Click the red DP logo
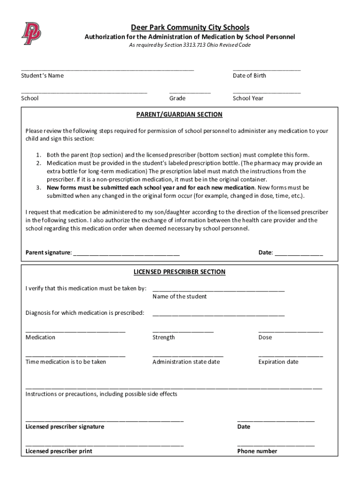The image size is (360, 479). point(31,33)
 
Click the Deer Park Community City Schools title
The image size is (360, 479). point(190,28)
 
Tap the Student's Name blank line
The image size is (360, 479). point(107,69)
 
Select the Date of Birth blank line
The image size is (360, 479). point(266,69)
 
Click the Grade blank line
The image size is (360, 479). point(190,92)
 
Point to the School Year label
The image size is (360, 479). point(248,98)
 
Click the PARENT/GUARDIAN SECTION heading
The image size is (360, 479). point(180,115)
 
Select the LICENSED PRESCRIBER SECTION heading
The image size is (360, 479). point(180,272)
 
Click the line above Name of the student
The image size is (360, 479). point(218,290)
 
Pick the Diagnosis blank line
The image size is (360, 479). point(218,314)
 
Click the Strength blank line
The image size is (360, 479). point(183,331)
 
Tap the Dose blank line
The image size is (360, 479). point(290,331)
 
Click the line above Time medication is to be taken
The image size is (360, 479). point(75,356)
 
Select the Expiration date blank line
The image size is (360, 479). point(290,356)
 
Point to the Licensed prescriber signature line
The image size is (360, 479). point(105,421)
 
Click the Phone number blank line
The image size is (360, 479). point(276,445)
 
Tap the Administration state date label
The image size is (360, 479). point(186,362)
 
